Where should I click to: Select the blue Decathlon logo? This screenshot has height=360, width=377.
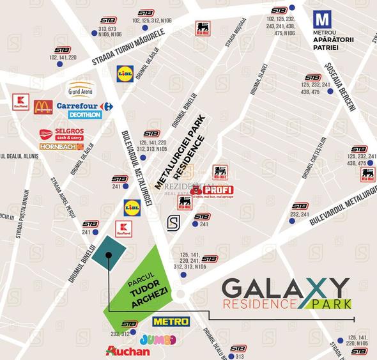84,115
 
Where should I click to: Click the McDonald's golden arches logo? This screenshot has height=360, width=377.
43,106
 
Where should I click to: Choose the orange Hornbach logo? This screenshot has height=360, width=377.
61,146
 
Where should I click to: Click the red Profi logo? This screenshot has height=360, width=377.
212,190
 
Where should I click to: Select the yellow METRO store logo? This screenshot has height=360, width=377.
171,321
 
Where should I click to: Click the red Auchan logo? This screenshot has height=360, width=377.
128,351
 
